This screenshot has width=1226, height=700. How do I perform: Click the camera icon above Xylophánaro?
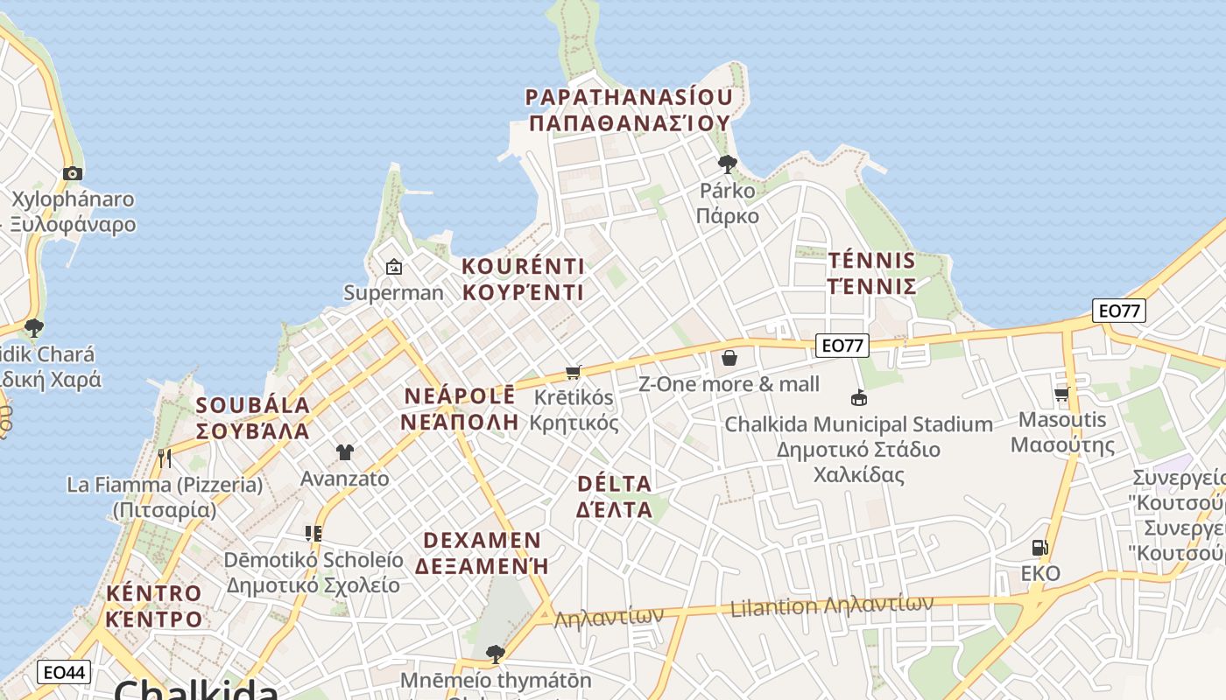click(73, 173)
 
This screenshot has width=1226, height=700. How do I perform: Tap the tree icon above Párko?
click(727, 164)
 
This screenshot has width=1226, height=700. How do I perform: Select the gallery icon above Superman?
click(394, 267)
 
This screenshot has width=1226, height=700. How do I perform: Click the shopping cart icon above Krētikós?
click(574, 372)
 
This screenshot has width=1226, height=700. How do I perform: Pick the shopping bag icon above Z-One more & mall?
click(729, 358)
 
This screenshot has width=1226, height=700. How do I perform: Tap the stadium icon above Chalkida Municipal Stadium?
click(858, 398)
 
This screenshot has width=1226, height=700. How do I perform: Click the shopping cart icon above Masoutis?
click(1062, 394)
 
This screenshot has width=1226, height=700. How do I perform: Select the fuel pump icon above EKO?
click(1039, 548)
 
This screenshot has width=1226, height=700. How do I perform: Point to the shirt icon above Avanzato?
click(345, 452)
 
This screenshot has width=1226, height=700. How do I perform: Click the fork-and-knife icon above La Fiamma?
click(164, 457)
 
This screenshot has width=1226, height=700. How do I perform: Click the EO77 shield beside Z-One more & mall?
click(842, 346)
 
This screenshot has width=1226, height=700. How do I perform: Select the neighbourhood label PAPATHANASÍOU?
click(628, 97)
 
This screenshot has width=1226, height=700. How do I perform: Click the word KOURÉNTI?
click(523, 266)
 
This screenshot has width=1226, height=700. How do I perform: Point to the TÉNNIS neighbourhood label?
click(871, 261)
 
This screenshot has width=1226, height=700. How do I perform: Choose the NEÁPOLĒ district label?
click(460, 396)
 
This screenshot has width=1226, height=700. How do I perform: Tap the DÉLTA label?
click(614, 484)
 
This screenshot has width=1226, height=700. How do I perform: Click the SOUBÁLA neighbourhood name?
click(253, 405)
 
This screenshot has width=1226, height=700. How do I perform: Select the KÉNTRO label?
click(154, 593)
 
